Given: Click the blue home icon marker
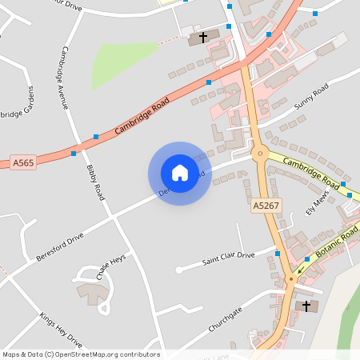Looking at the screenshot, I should click(179, 173).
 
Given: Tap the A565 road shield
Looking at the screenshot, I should click(23, 162).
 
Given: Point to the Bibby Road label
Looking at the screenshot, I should click(94, 182).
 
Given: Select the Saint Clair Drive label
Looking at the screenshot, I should click(228, 258).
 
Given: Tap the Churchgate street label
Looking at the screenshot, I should click(225, 319).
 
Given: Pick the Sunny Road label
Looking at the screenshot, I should click(310, 99).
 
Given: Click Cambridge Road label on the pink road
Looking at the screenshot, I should click(143, 117).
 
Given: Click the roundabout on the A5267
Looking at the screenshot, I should click(258, 153).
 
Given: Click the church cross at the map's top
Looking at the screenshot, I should click(202, 37).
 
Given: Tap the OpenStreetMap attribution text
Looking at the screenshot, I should click(81, 354).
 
